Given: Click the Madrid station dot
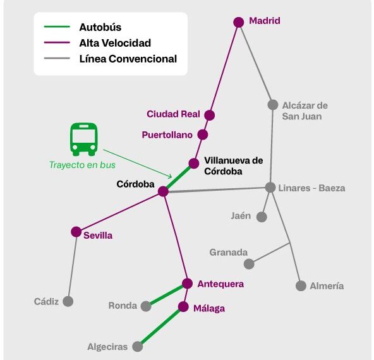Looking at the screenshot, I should tap(239, 22).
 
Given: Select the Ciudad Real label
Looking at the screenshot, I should tap(173, 114).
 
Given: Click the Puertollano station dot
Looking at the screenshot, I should tap(203, 135).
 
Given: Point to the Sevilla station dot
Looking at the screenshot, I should tap(76, 232).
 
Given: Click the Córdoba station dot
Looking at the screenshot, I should tap(163, 191).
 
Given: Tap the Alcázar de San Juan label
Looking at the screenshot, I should tap(305, 111).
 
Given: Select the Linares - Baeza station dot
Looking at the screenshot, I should tap(270, 187).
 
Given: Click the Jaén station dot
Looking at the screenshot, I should tap(262, 217).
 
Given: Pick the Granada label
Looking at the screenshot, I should tap(229, 253).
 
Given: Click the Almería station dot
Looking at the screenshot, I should tap(301, 285).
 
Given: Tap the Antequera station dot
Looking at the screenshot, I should tap(187, 283).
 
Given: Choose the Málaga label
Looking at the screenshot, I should tap(209, 308).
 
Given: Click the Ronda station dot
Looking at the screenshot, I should tap(146, 306).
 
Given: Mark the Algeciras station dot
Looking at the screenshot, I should tap(138, 346).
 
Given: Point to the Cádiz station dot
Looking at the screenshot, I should tap(68, 301).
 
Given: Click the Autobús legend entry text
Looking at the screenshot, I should tap(100, 27).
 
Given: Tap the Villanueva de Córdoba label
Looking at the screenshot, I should tap(234, 165).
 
